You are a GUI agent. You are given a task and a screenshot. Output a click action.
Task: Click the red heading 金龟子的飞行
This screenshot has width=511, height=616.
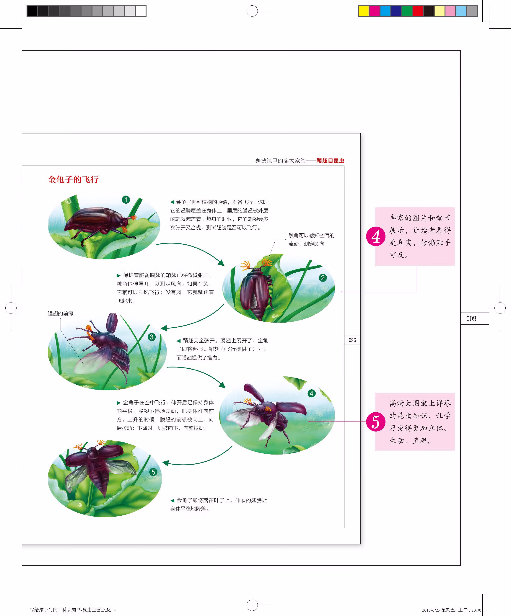click(x=73, y=179)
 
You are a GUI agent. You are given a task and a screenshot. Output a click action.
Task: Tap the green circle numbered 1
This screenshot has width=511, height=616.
click(x=126, y=200)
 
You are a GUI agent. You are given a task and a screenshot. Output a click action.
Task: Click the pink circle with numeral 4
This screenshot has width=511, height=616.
click(x=376, y=236)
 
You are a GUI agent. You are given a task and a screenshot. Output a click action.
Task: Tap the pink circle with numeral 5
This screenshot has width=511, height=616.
click(x=376, y=422)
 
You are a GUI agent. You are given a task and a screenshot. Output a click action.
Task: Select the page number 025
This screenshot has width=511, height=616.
click(x=352, y=340)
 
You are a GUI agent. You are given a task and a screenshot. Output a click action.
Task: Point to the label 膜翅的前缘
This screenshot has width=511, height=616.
click(x=61, y=314)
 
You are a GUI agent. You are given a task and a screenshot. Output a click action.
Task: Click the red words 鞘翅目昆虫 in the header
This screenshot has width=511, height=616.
click(x=330, y=161)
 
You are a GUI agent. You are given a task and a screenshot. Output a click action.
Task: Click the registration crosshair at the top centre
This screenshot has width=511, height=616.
click(x=252, y=11)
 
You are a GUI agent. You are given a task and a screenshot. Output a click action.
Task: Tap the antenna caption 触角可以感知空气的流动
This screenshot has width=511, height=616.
click(x=311, y=240)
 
